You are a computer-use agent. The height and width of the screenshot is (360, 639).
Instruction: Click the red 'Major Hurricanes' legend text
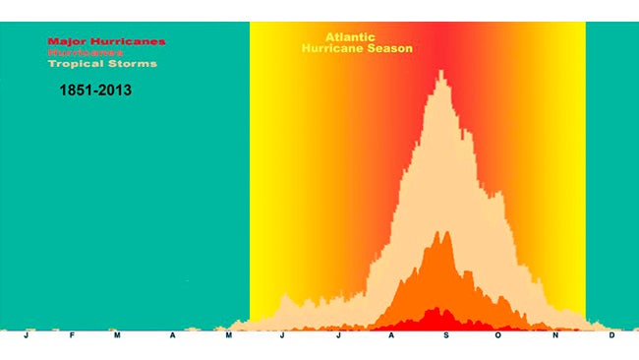[x=107, y=41]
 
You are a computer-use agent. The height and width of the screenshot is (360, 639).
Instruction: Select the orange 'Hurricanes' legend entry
[x=93, y=52]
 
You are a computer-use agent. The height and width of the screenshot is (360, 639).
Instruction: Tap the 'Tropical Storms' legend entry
[x=102, y=64]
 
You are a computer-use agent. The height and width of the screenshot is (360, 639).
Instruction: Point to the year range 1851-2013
[x=96, y=90]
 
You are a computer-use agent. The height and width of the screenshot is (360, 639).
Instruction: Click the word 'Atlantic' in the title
[x=350, y=37]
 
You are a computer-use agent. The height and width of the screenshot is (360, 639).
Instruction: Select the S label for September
[x=444, y=335]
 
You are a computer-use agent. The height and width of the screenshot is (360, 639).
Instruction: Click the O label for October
[x=497, y=335]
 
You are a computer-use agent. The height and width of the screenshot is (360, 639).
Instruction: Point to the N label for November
[x=553, y=335]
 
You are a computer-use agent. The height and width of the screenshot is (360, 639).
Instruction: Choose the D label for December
[x=611, y=335]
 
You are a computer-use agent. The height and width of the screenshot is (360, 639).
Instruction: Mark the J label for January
[x=27, y=335]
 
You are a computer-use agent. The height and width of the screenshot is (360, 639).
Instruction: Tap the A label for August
[x=390, y=335]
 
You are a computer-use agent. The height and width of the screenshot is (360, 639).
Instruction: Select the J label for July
[x=337, y=335]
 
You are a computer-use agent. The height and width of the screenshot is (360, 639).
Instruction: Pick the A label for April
[x=173, y=335]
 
